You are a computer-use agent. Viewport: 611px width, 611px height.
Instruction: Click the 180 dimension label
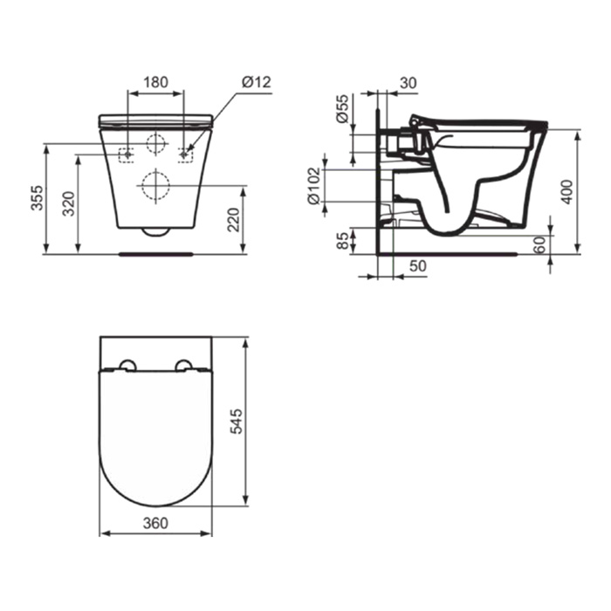pos(156,82)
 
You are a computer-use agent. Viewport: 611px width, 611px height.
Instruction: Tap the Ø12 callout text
pos(256,82)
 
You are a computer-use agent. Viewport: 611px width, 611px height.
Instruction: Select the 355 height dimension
pos(38,197)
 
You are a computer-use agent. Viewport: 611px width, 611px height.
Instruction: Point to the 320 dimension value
pos(69,203)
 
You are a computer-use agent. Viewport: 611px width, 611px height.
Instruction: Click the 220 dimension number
pos(233,220)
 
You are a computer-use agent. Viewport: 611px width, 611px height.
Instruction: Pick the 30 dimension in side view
pos(408,83)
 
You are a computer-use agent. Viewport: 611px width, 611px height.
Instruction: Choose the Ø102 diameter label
pos(314,185)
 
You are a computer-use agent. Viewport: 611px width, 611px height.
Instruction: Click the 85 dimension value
pos(342,240)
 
